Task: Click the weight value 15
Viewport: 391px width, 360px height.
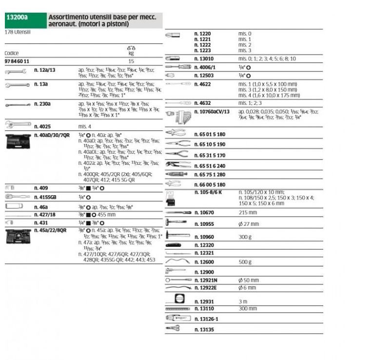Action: tap(131, 61)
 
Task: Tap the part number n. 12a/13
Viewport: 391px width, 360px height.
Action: tap(45, 70)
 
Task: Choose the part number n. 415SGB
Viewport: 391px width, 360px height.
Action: tap(45, 197)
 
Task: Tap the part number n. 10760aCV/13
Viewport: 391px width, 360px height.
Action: tap(212, 112)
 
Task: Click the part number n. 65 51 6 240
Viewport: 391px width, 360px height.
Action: tap(210, 165)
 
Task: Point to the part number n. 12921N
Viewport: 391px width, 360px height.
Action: tap(206, 280)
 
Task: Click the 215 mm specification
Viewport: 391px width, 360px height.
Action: tap(247, 213)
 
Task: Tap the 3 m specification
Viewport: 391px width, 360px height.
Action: tap(243, 302)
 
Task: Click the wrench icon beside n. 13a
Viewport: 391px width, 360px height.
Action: tap(15, 85)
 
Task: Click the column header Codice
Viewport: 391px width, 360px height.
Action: tap(12, 53)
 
